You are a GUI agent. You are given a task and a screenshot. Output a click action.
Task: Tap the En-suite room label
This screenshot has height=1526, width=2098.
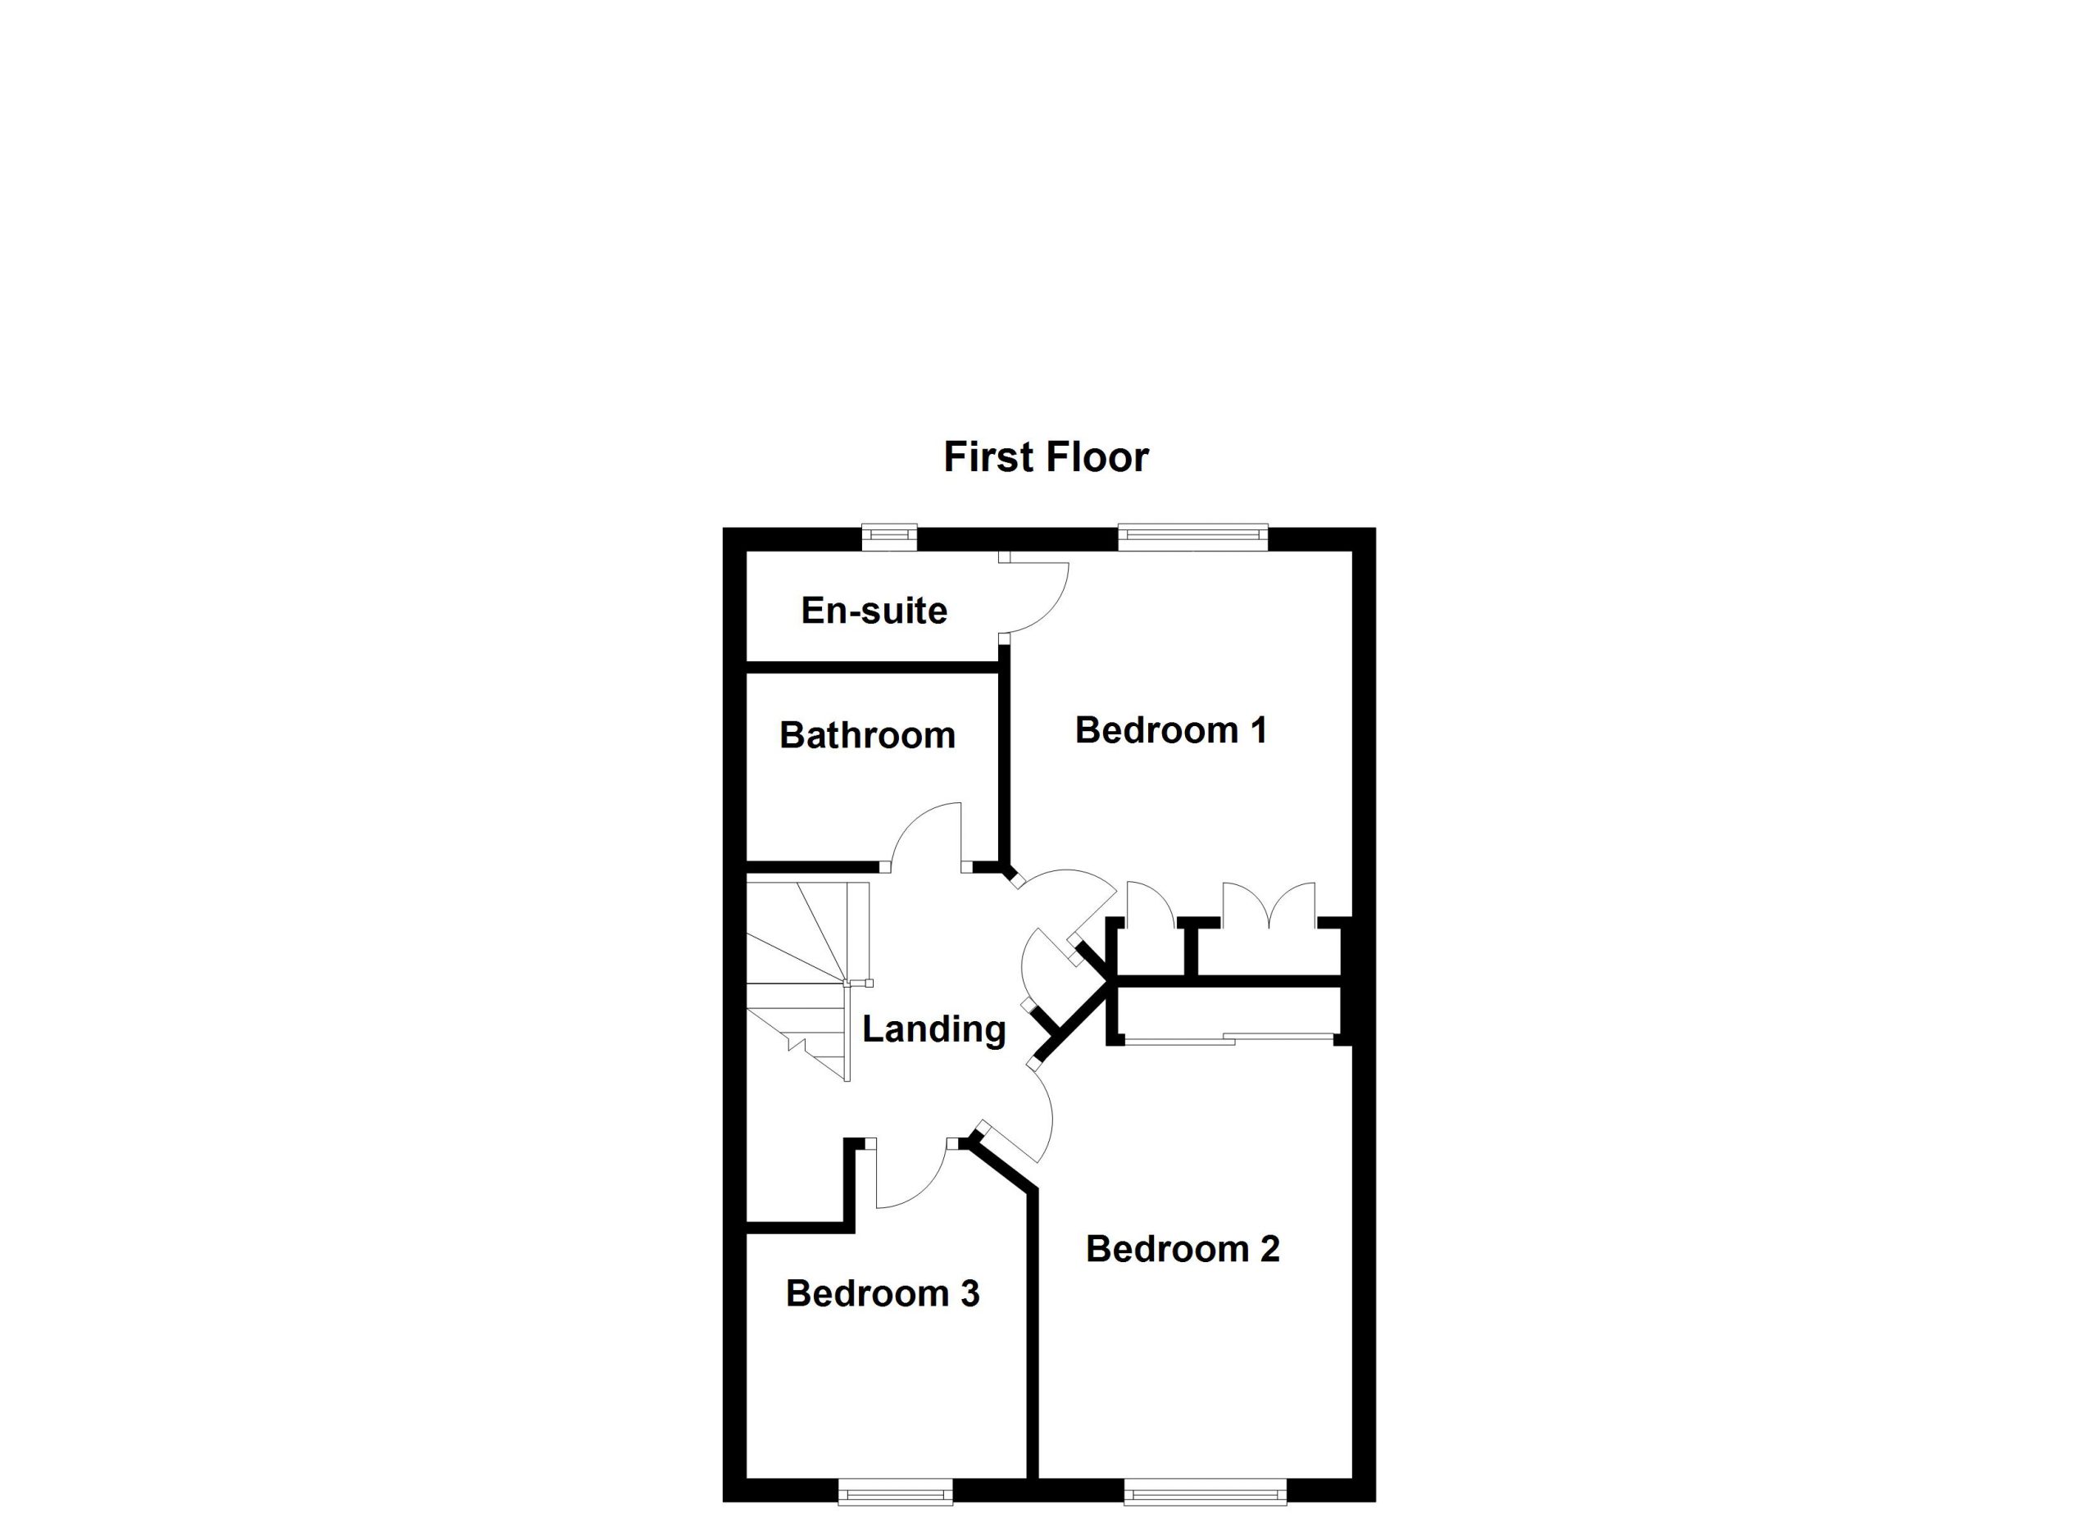point(874,611)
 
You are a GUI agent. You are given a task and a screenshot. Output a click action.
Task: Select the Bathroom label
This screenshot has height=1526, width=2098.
point(867,735)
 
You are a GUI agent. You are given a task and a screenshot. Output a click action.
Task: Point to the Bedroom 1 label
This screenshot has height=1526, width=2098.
point(1170,731)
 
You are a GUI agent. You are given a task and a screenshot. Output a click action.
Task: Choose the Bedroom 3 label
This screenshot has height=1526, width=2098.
point(883,1294)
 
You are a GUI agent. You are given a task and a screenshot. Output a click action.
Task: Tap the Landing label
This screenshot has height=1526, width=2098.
point(933,1029)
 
